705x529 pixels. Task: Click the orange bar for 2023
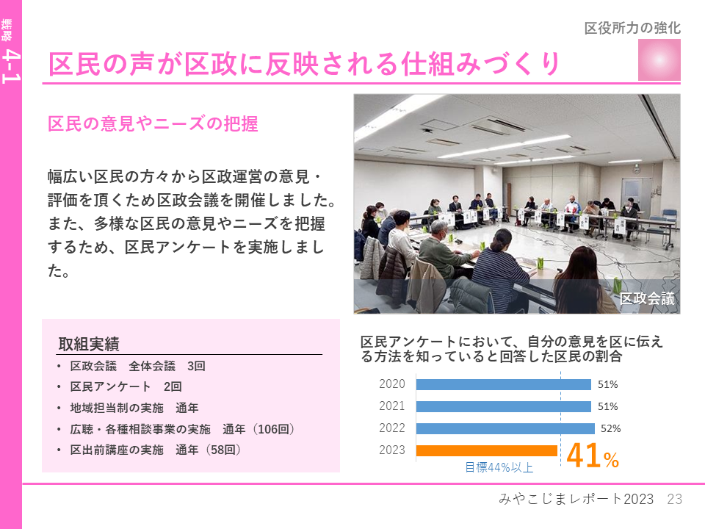tap(486, 450)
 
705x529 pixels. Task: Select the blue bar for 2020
tap(504, 384)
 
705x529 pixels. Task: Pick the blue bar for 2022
tap(505, 428)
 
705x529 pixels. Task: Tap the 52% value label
tap(610, 428)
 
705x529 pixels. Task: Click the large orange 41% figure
tap(593, 456)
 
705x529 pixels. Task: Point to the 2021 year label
tap(391, 406)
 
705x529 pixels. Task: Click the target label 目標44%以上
tap(499, 467)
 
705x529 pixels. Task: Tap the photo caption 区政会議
tap(647, 298)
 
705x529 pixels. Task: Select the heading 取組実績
tap(89, 344)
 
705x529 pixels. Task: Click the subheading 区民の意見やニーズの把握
tap(153, 123)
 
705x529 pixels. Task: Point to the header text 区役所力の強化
tap(632, 29)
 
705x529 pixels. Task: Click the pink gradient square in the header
tap(659, 60)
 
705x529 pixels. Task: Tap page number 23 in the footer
tap(674, 499)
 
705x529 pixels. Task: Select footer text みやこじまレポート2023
tap(576, 499)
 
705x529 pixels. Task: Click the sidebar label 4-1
tap(11, 67)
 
